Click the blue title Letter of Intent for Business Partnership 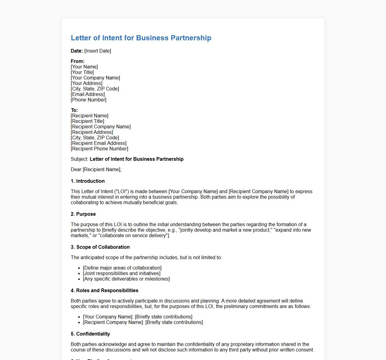pyautogui.click(x=141, y=38)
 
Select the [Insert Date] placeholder pyautogui.click(x=97, y=51)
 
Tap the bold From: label pyautogui.click(x=78, y=61)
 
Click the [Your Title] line pyautogui.click(x=82, y=72)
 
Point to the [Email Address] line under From pyautogui.click(x=88, y=94)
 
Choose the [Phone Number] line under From pyautogui.click(x=89, y=100)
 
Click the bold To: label pyautogui.click(x=74, y=110)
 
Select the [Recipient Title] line pyautogui.click(x=87, y=121)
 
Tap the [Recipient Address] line pyautogui.click(x=92, y=132)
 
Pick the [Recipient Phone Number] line pyautogui.click(x=99, y=149)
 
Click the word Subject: pyautogui.click(x=79, y=159)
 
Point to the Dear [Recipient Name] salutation pyautogui.click(x=96, y=170)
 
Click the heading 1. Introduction pyautogui.click(x=88, y=181)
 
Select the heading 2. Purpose pyautogui.click(x=83, y=214)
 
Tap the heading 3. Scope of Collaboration pyautogui.click(x=100, y=247)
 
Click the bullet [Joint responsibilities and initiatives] pyautogui.click(x=122, y=274)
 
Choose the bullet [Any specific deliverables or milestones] pyautogui.click(x=126, y=279)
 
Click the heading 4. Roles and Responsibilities pyautogui.click(x=105, y=291)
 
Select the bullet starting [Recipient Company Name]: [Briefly pyautogui.click(x=143, y=322)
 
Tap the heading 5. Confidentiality pyautogui.click(x=90, y=334)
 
